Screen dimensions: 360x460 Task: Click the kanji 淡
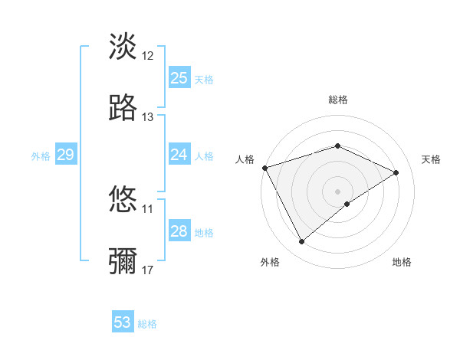click(x=123, y=47)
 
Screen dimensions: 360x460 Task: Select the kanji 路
click(x=123, y=108)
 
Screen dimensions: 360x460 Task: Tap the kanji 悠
click(x=123, y=200)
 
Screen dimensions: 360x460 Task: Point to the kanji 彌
click(x=123, y=261)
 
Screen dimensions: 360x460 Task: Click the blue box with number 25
click(x=179, y=78)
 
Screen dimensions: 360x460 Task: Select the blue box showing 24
click(x=179, y=155)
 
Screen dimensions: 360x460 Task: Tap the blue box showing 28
click(x=179, y=231)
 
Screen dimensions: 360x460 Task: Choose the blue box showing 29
click(x=65, y=155)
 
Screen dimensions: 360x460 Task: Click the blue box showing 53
click(x=123, y=322)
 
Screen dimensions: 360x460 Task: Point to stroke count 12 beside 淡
click(x=148, y=56)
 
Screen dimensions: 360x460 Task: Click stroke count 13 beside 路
click(x=148, y=117)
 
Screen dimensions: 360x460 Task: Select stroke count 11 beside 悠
click(x=148, y=208)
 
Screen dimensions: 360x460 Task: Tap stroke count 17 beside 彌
click(x=148, y=270)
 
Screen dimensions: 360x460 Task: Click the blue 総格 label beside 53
click(x=147, y=324)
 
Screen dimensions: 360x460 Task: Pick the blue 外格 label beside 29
click(x=41, y=156)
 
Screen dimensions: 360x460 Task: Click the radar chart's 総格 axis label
click(x=338, y=100)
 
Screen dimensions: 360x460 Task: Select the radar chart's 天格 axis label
click(x=431, y=159)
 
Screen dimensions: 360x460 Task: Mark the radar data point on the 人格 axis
click(x=264, y=168)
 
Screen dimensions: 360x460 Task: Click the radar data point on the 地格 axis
click(x=347, y=204)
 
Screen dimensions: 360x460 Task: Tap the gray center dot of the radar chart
click(x=338, y=191)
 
